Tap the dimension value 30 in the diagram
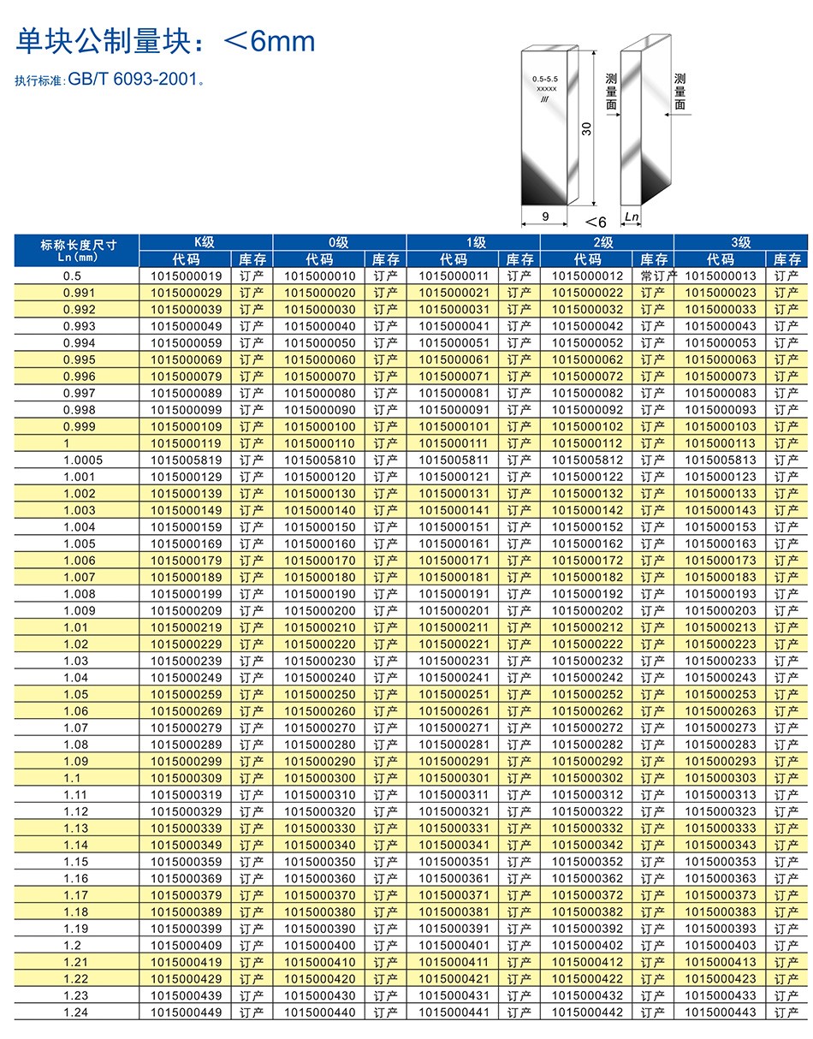(x=586, y=128)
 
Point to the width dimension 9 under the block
(x=546, y=217)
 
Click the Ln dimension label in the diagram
(x=632, y=217)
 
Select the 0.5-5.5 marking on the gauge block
(x=545, y=79)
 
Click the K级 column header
(x=205, y=242)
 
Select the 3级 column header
(x=740, y=242)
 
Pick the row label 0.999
(x=79, y=427)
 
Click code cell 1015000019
(x=186, y=276)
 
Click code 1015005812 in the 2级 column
(x=587, y=460)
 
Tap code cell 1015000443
(x=721, y=1012)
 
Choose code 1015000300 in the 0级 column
(x=319, y=778)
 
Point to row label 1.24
(x=75, y=1012)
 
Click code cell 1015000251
(x=454, y=695)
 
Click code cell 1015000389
(x=186, y=912)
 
